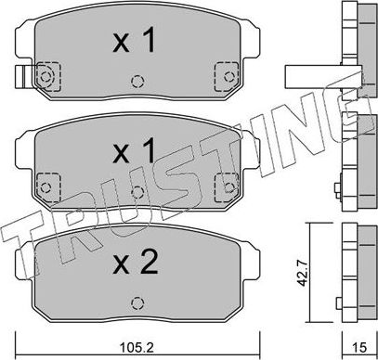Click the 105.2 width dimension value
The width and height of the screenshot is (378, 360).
point(137,348)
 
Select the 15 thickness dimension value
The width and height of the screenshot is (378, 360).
point(359,348)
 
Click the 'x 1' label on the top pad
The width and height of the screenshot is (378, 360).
point(134,40)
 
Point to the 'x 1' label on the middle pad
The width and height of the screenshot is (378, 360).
point(134,150)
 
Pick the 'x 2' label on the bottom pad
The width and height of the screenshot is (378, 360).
point(136,263)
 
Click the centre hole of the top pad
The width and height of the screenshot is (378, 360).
point(137,82)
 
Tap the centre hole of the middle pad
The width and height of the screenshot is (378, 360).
point(137,192)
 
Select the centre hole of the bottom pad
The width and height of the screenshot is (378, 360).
point(137,303)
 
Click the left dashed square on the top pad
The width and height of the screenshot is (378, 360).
point(48,76)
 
